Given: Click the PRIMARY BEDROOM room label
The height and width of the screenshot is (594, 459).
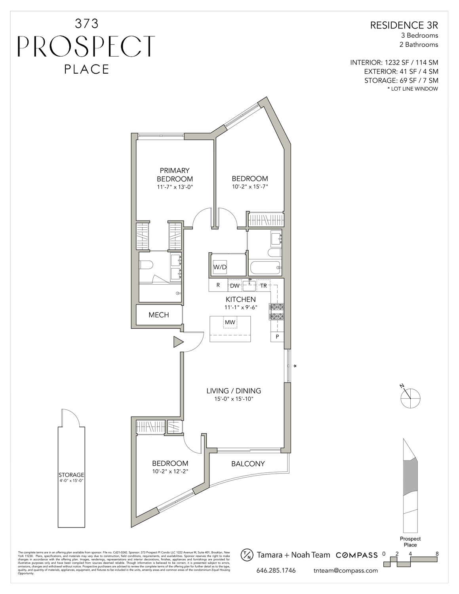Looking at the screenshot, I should (175, 175).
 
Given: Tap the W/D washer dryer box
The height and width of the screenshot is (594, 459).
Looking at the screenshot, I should (220, 267).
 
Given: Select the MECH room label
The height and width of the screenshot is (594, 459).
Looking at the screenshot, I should (159, 315).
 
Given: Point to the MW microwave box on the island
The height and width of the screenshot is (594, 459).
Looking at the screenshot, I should (230, 322).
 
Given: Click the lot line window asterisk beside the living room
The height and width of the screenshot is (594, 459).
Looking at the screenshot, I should (295, 367).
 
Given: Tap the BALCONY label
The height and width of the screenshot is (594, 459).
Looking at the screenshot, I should (248, 464).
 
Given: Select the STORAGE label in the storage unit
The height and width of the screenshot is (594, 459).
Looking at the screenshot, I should (71, 475).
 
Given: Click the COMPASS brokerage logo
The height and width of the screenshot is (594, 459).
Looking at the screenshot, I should (356, 555).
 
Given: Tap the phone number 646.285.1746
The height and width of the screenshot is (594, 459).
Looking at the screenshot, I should (276, 571).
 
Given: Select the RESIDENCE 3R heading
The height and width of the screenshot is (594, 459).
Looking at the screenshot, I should (404, 25).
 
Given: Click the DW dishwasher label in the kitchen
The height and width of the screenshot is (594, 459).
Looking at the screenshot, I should (234, 286).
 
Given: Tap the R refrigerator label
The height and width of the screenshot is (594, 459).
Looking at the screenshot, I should (218, 285).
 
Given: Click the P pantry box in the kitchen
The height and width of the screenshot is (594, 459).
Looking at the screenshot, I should (277, 337).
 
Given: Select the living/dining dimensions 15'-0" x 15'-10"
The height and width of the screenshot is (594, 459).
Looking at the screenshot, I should (234, 399).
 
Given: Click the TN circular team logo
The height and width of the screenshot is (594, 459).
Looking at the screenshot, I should (247, 555).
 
